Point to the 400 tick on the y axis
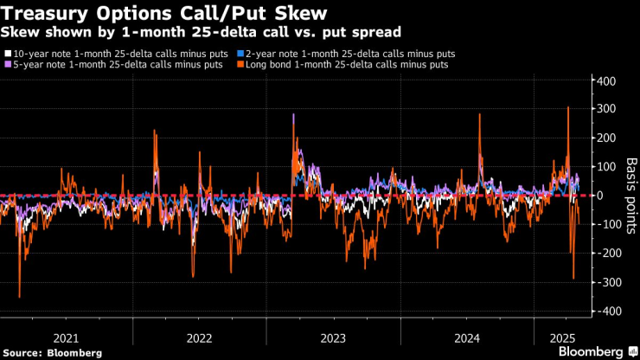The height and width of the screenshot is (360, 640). (x=605, y=80)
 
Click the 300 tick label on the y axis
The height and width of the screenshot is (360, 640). (x=605, y=109)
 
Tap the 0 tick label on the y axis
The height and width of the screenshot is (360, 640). (x=599, y=196)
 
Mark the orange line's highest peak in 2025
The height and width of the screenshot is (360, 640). (x=567, y=107)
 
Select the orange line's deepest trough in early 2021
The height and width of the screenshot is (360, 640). (x=19, y=297)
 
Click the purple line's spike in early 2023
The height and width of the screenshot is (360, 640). (x=294, y=114)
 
